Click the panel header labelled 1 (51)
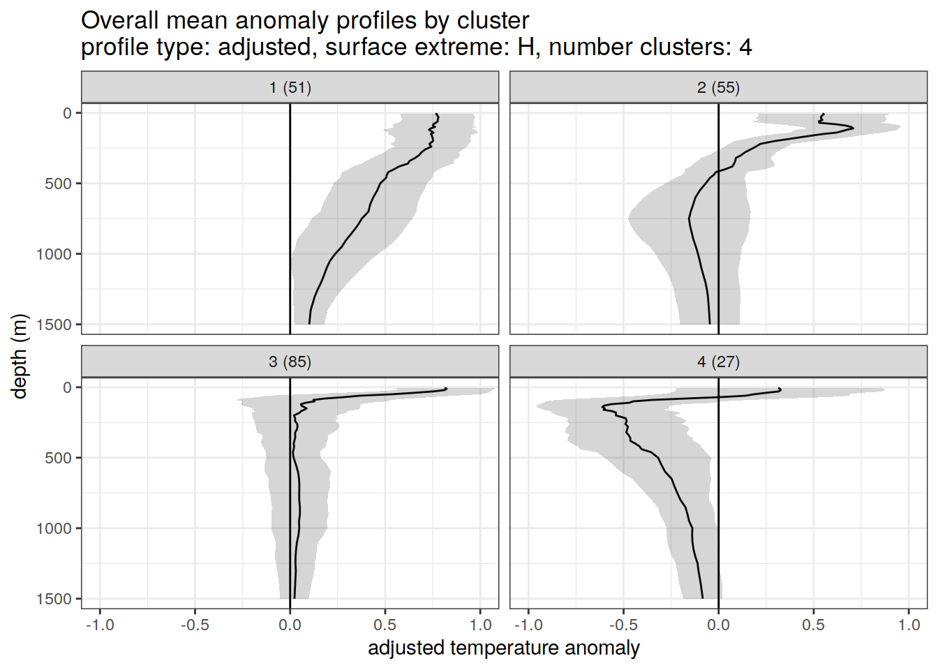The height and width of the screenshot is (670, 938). (x=290, y=87)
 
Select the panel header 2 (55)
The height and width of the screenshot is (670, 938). (x=718, y=87)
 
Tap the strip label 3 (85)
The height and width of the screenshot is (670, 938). (x=290, y=362)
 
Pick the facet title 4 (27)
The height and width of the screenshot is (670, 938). (x=718, y=362)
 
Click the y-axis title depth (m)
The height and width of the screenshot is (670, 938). (x=20, y=356)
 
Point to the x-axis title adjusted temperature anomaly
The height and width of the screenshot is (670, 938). (x=503, y=648)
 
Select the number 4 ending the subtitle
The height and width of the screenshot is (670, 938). (x=745, y=47)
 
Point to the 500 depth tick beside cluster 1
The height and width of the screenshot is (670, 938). (x=59, y=184)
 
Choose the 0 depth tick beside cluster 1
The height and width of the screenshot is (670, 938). (x=68, y=113)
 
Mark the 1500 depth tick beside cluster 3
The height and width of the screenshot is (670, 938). (x=54, y=599)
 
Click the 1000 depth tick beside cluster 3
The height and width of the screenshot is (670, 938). (x=54, y=528)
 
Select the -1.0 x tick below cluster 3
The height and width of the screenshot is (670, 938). (x=100, y=625)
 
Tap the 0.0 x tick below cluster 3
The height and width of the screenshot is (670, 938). (x=290, y=625)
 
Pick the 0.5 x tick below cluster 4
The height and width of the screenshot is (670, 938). (x=813, y=625)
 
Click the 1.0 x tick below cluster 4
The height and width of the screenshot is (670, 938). (x=909, y=625)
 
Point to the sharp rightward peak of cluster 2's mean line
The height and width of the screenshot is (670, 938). (x=853, y=128)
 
